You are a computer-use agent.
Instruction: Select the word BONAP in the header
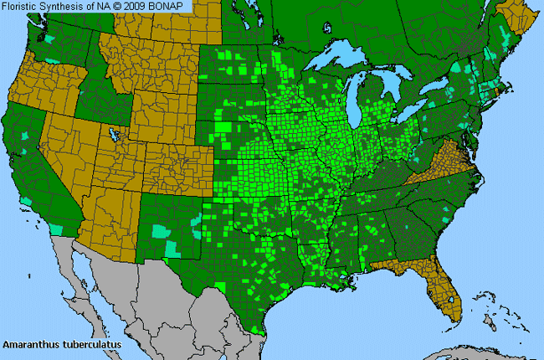(x=172, y=6)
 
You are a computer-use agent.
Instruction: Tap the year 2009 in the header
(x=142, y=6)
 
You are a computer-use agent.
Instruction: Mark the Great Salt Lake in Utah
(x=113, y=134)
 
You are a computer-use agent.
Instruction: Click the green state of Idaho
(x=92, y=100)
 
